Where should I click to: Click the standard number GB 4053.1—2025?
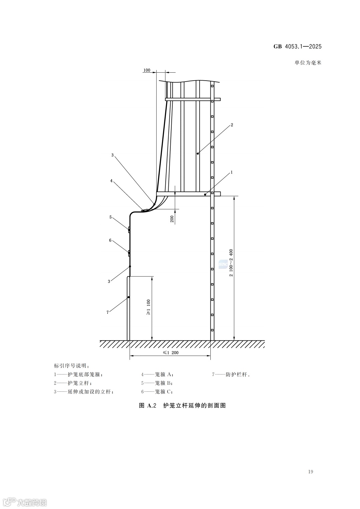click(298, 47)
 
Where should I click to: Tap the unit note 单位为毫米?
click(308, 62)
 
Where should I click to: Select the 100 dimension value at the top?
click(147, 70)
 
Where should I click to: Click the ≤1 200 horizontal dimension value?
click(171, 353)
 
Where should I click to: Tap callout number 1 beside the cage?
click(232, 172)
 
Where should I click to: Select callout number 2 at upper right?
click(232, 125)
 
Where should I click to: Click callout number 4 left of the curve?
click(112, 181)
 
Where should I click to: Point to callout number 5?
click(110, 217)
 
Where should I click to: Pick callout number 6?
click(110, 240)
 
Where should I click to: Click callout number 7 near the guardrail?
click(107, 312)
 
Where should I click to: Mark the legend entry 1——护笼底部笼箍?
click(78, 374)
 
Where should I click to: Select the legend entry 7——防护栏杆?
click(231, 374)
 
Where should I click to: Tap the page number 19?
click(310, 472)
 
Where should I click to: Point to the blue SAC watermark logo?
click(223, 264)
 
